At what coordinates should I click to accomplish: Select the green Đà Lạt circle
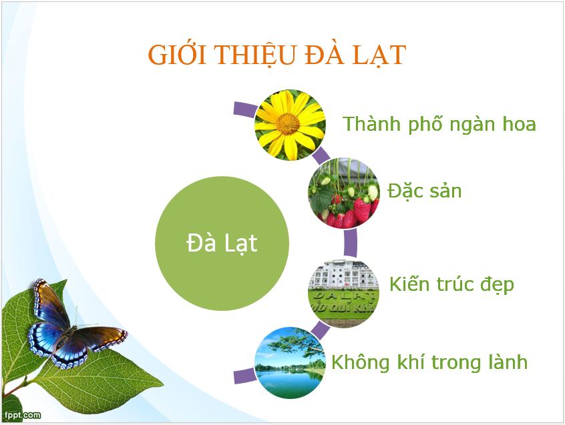(x=222, y=244)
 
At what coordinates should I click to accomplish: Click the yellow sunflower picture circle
(x=290, y=125)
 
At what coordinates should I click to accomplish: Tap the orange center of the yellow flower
(x=288, y=123)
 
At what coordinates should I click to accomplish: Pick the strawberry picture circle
(x=343, y=193)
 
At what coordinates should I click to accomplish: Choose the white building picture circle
(x=343, y=293)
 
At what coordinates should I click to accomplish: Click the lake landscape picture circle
(x=290, y=362)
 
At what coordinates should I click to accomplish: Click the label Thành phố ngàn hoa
(x=439, y=124)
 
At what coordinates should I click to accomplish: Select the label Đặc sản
(x=425, y=191)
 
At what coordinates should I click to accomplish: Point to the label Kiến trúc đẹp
(x=452, y=284)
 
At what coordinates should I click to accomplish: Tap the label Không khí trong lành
(x=429, y=362)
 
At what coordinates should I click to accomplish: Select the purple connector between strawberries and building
(x=350, y=244)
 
